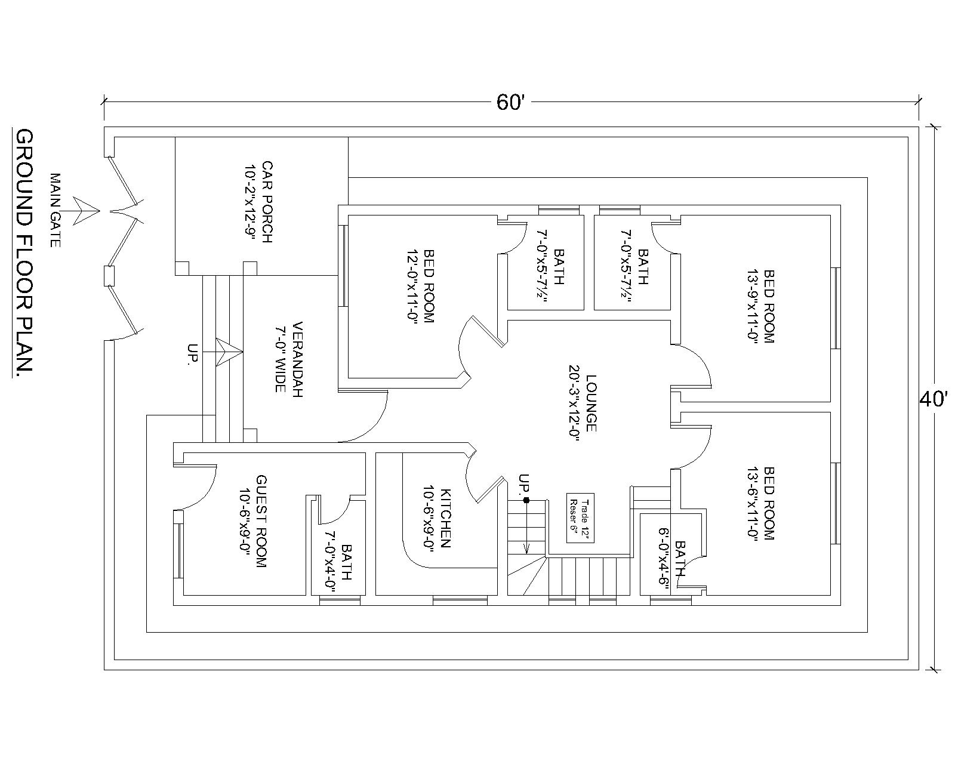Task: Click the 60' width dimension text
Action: pyautogui.click(x=510, y=103)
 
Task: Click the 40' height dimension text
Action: pyautogui.click(x=934, y=399)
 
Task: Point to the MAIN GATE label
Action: pyautogui.click(x=55, y=210)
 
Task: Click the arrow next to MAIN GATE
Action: pyautogui.click(x=85, y=211)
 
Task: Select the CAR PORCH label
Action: pyautogui.click(x=259, y=202)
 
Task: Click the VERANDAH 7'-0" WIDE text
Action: pyautogui.click(x=288, y=357)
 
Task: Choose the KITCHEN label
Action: pyautogui.click(x=437, y=517)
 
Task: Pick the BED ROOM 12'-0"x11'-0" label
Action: pyautogui.click(x=420, y=286)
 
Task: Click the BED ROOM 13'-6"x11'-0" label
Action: pyautogui.click(x=760, y=503)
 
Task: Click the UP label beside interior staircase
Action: pyautogui.click(x=524, y=484)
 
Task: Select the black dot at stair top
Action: pyautogui.click(x=526, y=500)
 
